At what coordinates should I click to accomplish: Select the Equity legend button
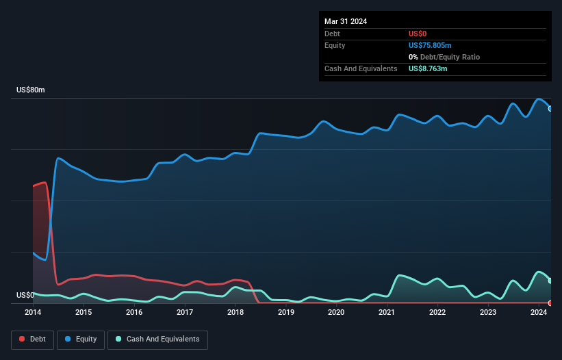pos(80,339)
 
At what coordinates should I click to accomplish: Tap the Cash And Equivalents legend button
pos(157,339)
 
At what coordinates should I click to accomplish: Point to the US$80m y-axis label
pos(30,90)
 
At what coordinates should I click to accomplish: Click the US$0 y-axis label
pos(25,296)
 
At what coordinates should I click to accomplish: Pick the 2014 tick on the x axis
pos(33,312)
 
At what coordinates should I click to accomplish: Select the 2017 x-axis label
pos(184,312)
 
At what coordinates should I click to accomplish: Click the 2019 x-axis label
pos(286,312)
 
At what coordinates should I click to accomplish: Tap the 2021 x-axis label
pos(387,312)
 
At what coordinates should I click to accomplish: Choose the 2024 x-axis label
pos(539,312)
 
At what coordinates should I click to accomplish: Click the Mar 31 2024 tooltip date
pos(346,21)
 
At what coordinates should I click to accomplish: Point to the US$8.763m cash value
pos(428,68)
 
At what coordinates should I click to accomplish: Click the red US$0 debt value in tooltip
pos(418,34)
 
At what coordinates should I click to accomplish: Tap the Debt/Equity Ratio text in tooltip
pos(448,57)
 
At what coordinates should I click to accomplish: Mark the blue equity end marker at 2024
pos(550,108)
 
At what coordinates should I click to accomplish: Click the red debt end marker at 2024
pos(550,303)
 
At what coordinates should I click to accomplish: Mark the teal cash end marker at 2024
pos(550,281)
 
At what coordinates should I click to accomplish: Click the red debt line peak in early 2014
pos(44,183)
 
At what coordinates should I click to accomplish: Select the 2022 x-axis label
pos(437,312)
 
